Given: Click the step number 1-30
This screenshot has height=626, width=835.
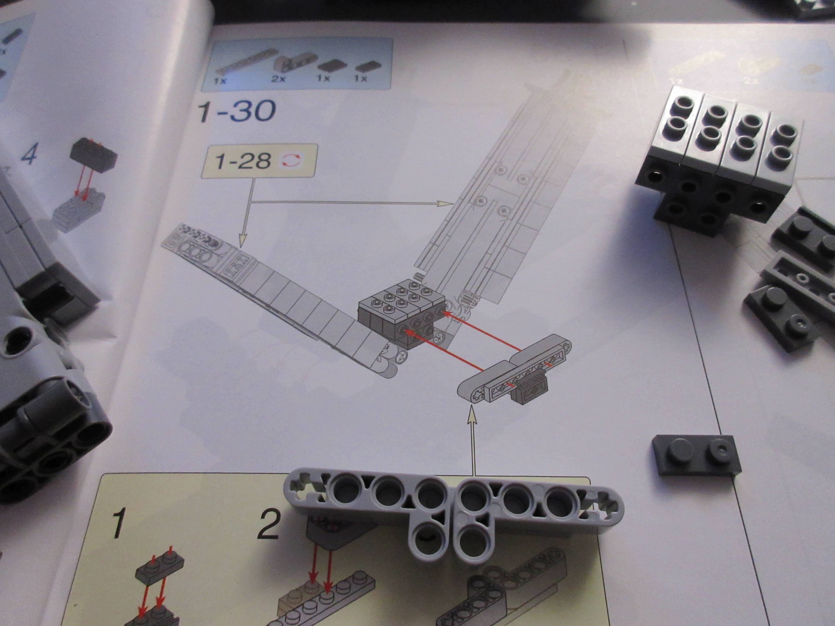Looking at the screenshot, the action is pos(237,111).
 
